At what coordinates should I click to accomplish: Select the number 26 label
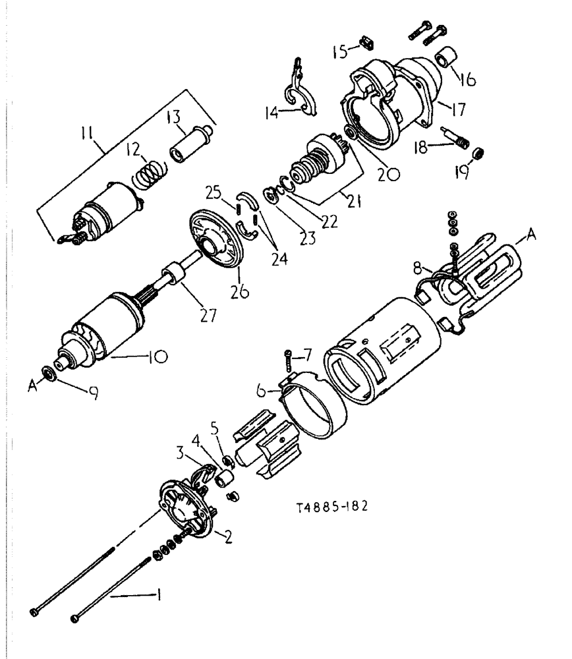tap(241, 290)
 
